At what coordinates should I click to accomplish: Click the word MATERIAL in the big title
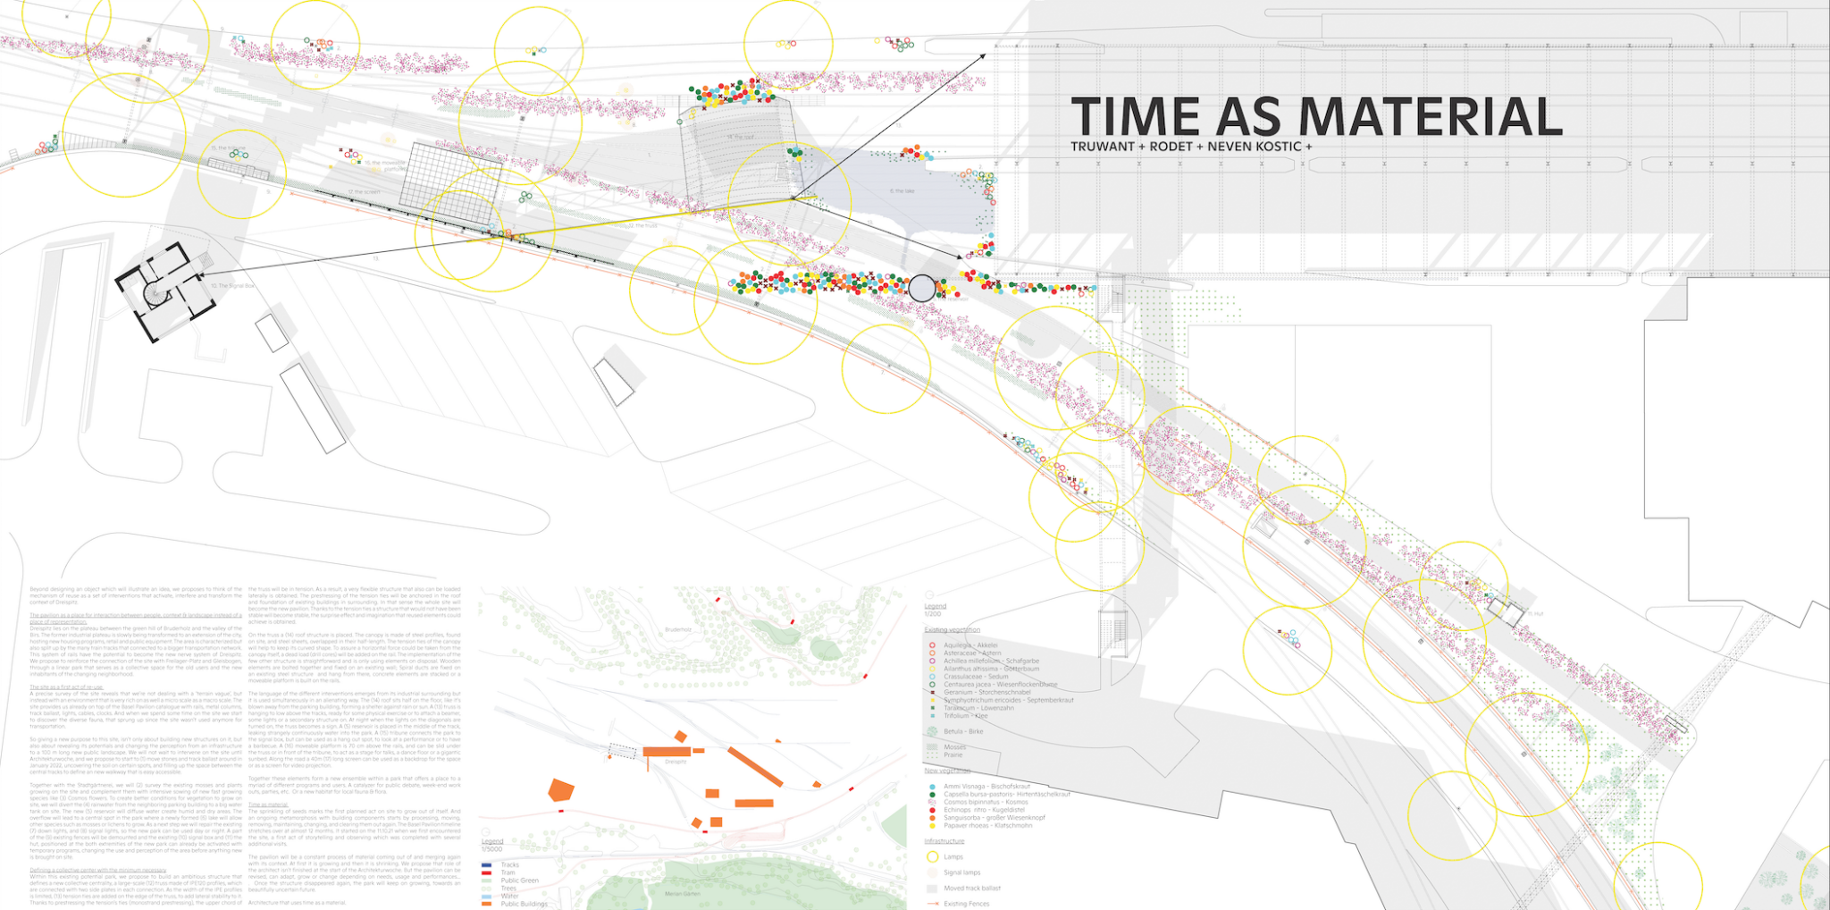tap(1430, 117)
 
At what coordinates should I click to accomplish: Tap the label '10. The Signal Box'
tap(231, 286)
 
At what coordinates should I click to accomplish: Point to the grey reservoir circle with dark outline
tap(922, 288)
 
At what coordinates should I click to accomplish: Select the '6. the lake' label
tap(902, 191)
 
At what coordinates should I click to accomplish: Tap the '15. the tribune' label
tap(229, 147)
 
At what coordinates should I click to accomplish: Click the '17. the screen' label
tap(364, 192)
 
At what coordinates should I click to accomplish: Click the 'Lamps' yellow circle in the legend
tap(932, 856)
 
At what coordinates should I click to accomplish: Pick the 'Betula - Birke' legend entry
tap(963, 731)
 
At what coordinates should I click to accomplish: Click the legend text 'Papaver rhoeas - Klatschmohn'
tap(987, 825)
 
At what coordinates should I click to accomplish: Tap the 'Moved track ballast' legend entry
tap(972, 889)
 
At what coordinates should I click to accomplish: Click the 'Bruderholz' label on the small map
tap(679, 629)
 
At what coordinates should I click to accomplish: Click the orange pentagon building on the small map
tap(560, 790)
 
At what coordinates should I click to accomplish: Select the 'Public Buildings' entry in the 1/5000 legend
tap(524, 904)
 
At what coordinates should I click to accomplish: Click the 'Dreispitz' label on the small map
tap(676, 762)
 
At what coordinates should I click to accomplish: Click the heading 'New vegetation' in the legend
tap(945, 770)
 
